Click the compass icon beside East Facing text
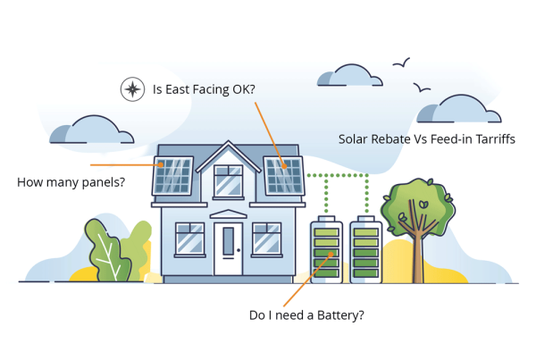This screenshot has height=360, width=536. (x=132, y=89)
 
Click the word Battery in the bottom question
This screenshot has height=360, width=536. (x=340, y=315)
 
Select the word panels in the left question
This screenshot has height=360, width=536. (x=104, y=182)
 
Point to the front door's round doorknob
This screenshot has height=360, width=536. (x=239, y=250)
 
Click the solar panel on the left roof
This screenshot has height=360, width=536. (x=173, y=176)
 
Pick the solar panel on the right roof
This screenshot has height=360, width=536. (x=284, y=176)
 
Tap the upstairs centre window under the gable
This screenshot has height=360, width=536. (x=229, y=181)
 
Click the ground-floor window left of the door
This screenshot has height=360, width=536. (x=190, y=239)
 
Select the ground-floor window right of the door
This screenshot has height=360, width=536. (x=267, y=239)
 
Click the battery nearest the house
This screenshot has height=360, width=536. (x=326, y=249)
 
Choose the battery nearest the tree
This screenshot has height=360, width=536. (x=366, y=249)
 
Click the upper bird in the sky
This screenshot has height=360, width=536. (x=402, y=63)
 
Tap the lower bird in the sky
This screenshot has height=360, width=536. (x=422, y=88)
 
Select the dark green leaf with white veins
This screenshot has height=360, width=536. (x=107, y=251)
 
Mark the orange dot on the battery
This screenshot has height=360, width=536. (x=331, y=254)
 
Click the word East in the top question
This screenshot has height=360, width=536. (x=178, y=89)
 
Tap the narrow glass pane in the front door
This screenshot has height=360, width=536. (x=229, y=241)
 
